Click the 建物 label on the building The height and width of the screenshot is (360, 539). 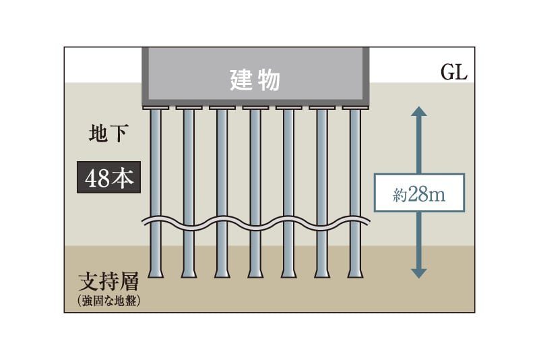255,81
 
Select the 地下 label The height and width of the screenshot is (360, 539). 108,133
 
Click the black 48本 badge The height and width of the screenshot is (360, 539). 108,178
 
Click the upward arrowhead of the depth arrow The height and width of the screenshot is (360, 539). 419,112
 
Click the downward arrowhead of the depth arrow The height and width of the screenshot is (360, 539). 419,272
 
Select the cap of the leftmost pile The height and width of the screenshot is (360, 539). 156,108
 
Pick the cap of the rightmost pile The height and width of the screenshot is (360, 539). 355,108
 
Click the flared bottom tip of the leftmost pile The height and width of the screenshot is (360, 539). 156,273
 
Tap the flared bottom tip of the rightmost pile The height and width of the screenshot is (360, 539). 355,273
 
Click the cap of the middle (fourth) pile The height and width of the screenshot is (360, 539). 255,108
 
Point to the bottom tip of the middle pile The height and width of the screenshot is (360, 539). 255,273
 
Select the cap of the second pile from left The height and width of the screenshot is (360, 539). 189,108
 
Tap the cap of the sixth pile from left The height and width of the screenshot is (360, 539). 322,108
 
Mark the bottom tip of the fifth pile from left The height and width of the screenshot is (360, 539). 288,273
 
